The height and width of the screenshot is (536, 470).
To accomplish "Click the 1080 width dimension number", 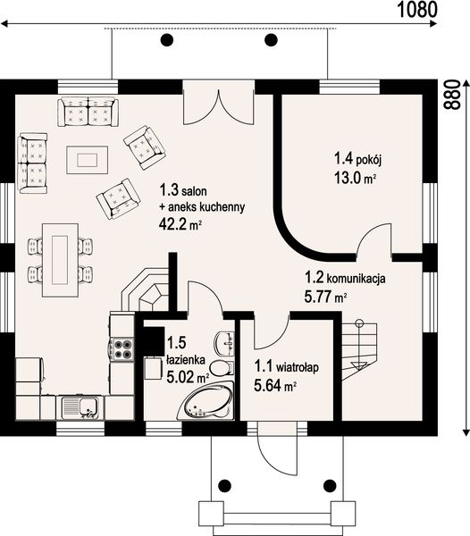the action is tap(417, 10).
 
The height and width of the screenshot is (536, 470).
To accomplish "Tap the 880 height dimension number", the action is tap(452, 95).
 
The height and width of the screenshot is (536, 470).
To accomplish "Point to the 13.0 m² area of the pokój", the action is tap(355, 178).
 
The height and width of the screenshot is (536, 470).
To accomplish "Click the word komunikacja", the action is tap(357, 278).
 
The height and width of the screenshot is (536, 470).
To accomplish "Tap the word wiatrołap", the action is tap(297, 367).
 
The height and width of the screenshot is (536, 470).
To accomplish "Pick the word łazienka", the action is tap(186, 359).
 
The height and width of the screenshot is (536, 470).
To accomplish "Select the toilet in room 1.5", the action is tap(222, 368).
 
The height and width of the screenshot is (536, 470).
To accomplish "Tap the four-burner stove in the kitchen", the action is tap(122, 348).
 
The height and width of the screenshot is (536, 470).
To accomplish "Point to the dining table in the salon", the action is tap(60, 260).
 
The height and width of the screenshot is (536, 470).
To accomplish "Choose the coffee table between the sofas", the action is tap(88, 160).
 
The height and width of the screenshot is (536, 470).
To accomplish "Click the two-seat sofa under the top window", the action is tap(88, 112).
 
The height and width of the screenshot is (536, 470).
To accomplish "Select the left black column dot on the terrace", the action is tap(167, 40).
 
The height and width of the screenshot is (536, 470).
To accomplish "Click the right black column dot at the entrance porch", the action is tap(330, 485).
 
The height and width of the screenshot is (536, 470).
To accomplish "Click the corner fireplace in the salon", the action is tap(146, 289).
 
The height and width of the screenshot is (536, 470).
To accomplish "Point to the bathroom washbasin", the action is tap(224, 342).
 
